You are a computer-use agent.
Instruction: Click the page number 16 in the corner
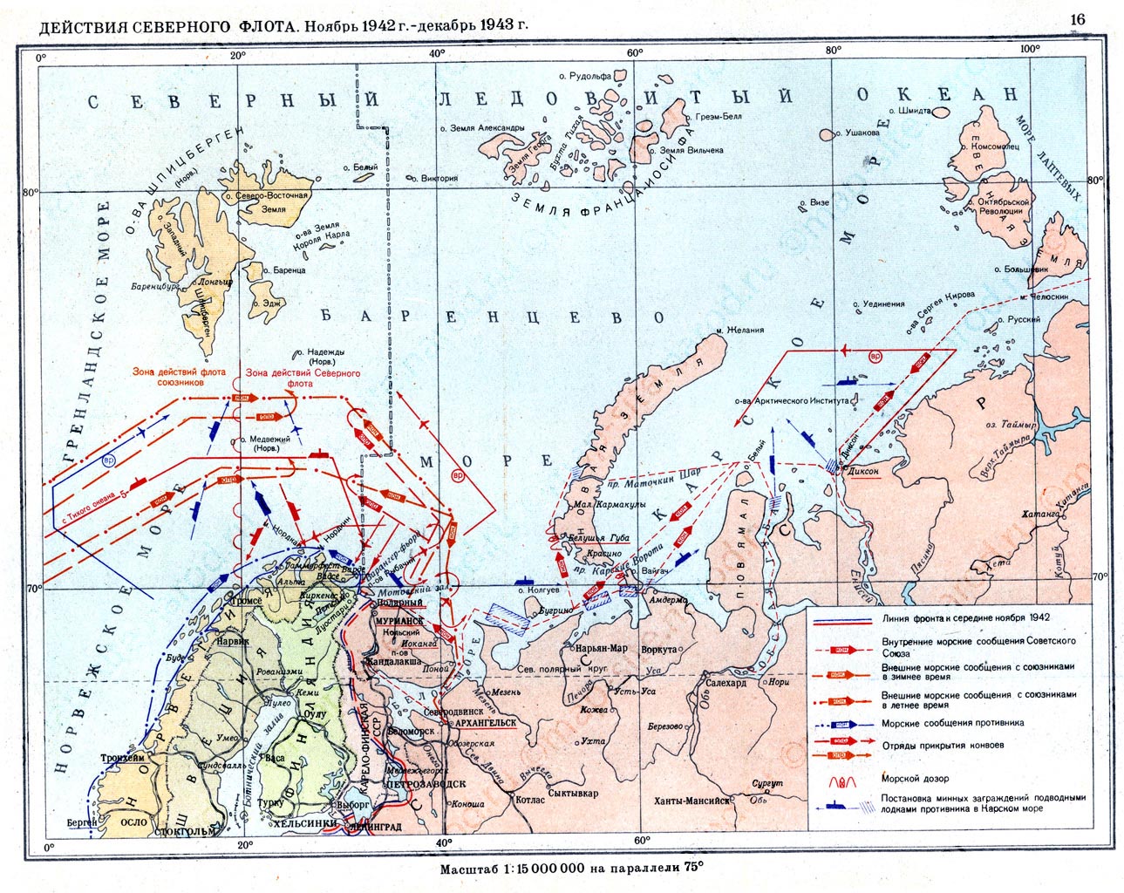point(1077,20)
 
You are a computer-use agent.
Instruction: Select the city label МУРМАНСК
point(400,620)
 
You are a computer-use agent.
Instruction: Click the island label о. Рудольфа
point(590,77)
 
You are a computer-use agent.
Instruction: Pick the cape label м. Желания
point(739,330)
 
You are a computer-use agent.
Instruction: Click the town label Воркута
point(658,650)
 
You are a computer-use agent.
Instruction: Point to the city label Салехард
point(725,683)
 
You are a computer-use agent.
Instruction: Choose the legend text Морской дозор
point(915,778)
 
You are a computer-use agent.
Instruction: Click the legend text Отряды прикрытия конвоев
point(942,745)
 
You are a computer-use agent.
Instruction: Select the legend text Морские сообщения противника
point(952,723)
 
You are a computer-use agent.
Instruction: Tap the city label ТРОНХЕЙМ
point(122,759)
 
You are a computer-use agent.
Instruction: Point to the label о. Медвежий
point(267,441)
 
